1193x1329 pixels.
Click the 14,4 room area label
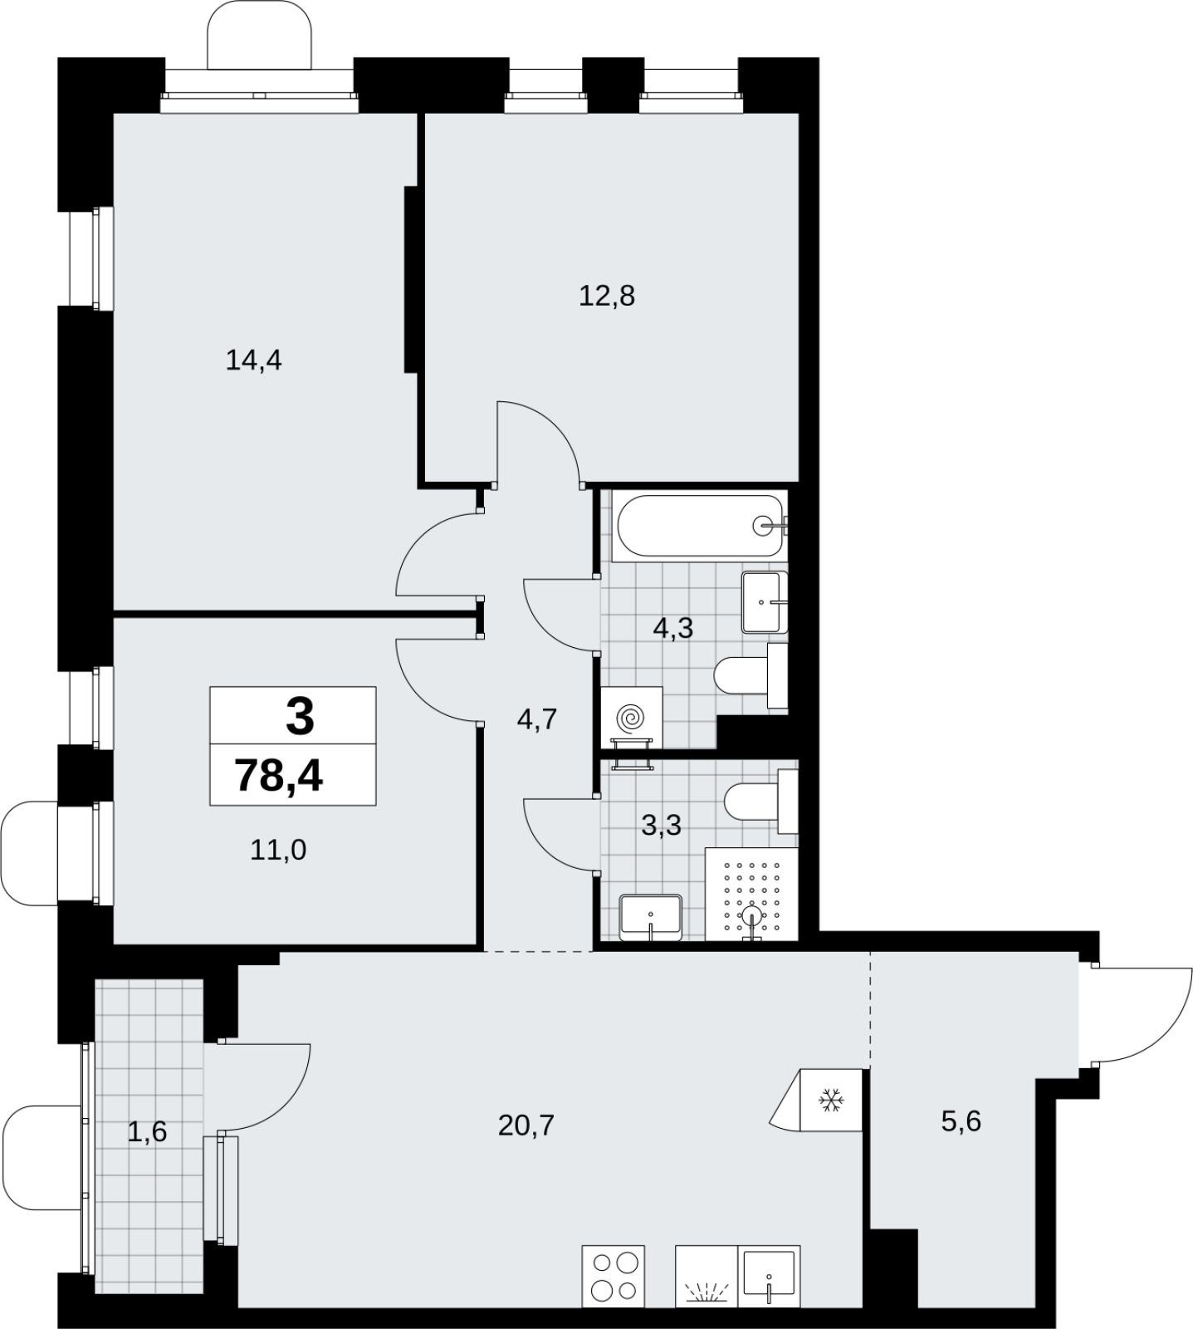[254, 360]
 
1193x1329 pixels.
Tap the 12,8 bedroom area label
[607, 296]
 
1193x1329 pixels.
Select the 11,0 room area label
[278, 850]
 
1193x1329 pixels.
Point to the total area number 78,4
[280, 777]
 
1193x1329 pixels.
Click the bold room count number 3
[300, 717]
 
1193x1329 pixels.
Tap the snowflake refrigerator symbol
[831, 1101]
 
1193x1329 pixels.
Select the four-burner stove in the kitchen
[614, 1277]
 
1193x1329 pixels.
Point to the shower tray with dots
[751, 895]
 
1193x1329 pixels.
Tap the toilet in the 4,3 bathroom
[751, 676]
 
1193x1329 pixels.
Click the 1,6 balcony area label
[148, 1131]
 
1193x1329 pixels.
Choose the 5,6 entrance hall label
[961, 1122]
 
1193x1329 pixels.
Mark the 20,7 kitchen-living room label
[526, 1125]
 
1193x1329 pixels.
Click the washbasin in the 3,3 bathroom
[651, 918]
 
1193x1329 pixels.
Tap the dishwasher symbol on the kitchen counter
[707, 1278]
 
